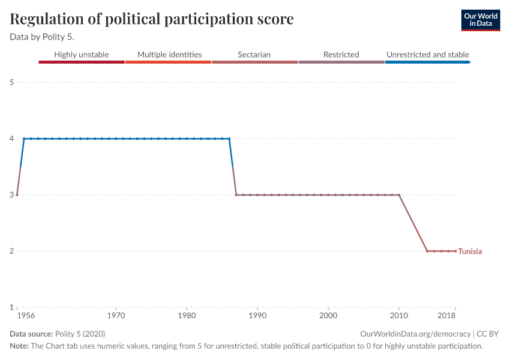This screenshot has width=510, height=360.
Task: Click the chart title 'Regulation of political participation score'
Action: point(152,19)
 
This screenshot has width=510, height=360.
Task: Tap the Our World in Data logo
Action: point(481,20)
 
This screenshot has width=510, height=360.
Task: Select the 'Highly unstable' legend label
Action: point(81,55)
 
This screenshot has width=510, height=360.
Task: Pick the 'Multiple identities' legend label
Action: point(169,55)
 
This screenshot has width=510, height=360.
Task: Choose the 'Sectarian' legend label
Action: point(254,55)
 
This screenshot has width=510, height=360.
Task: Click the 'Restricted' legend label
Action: point(341,55)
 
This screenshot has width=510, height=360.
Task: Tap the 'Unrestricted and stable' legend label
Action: point(427,55)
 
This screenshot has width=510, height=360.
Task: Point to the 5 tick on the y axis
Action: point(12,82)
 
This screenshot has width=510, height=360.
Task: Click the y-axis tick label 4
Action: point(12,139)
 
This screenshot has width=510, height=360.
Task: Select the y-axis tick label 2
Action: point(12,251)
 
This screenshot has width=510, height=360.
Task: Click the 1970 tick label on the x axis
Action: point(116,315)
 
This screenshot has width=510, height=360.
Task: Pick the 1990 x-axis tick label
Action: point(257,315)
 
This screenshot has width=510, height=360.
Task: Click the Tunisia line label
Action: point(470,251)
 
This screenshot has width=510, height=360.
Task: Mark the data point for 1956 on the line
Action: point(17,194)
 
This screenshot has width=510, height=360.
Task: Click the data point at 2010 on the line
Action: point(399,194)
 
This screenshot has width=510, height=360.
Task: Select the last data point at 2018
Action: point(455,251)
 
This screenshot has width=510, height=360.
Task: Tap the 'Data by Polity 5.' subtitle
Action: point(42,36)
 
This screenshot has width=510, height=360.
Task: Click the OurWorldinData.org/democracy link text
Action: point(415,334)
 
